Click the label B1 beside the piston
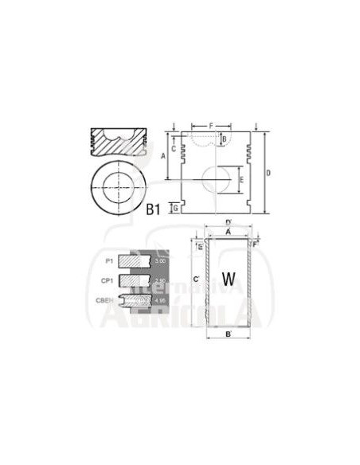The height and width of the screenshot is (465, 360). coord(154,209)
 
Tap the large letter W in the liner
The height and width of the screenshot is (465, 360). coord(229,279)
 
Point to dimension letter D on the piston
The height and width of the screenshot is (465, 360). coord(268,174)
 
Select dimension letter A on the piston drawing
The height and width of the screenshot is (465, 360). coord(163,157)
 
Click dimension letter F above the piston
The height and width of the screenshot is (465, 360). coord(212,126)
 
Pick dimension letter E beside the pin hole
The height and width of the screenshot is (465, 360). coord(242,181)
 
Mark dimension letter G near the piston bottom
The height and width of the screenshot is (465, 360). coord(174,208)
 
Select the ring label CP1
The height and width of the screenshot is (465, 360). coord(106,280)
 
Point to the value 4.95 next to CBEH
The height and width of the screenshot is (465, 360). coord(159,301)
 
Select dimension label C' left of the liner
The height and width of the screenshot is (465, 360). coord(196,278)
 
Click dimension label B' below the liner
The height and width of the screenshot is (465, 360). coord(229,334)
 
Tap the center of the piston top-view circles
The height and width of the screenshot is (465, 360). coord(120,188)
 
